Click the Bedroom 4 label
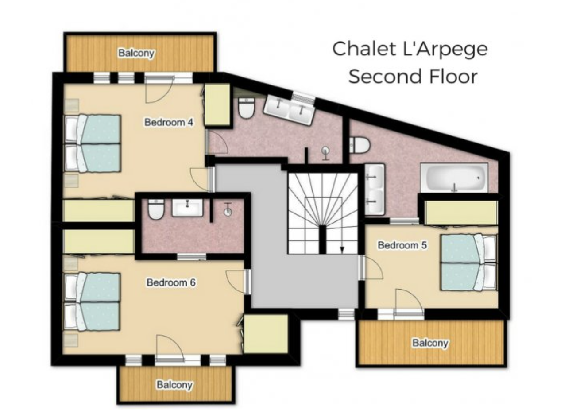(169, 122)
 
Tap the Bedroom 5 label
(402, 245)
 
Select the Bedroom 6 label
(171, 282)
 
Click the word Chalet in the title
(364, 49)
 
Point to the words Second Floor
(413, 77)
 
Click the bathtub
(454, 178)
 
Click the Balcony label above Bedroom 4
(136, 53)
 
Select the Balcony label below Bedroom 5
(430, 343)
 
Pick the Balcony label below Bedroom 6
(174, 385)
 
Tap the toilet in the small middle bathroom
(156, 209)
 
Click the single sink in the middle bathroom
(187, 208)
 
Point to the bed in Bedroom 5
(468, 263)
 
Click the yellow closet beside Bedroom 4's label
(217, 104)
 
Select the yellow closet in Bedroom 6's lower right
(266, 334)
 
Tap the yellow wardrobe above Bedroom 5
(461, 213)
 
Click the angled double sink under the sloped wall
(290, 110)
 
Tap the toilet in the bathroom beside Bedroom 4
(246, 108)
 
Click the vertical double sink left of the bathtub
(375, 190)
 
